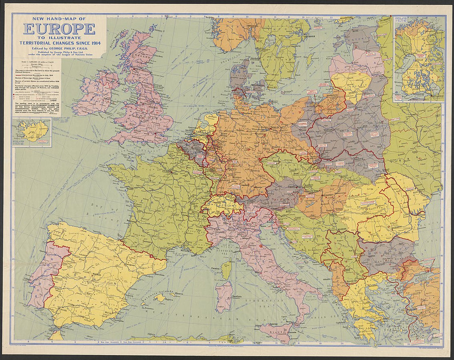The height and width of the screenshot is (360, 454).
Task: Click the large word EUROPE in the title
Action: (59, 29)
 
